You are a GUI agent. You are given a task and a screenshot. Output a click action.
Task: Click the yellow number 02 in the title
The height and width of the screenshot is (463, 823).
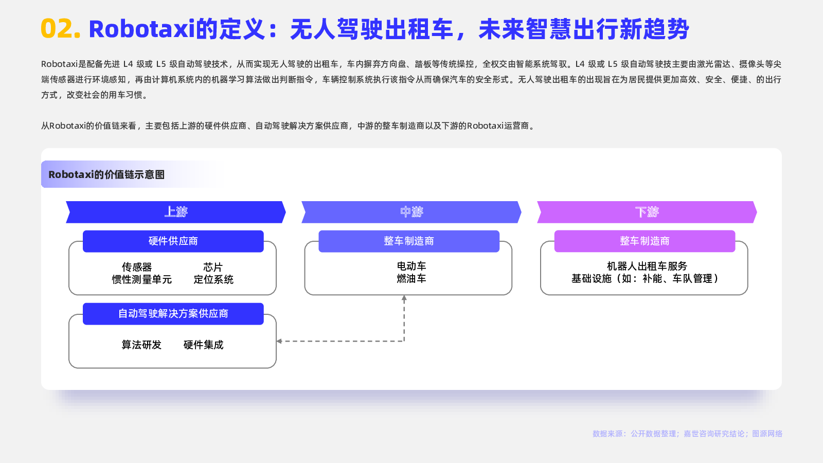tap(60, 29)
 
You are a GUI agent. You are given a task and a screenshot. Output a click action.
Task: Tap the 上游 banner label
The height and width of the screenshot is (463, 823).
tap(176, 211)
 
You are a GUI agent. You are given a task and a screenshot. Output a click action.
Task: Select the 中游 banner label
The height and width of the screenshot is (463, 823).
tap(411, 211)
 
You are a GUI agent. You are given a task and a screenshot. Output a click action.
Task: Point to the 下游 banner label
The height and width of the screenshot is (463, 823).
tap(647, 211)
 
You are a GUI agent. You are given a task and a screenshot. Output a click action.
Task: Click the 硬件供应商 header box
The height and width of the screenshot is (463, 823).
tap(173, 241)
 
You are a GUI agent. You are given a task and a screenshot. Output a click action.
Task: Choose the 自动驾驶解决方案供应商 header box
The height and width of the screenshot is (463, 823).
tap(173, 314)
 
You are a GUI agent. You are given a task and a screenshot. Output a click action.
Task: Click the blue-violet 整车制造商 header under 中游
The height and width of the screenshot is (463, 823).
tap(409, 241)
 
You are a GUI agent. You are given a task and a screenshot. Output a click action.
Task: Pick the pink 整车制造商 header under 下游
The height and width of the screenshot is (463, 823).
tap(645, 241)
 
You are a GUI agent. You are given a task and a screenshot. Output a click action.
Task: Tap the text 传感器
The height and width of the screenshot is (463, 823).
tap(137, 267)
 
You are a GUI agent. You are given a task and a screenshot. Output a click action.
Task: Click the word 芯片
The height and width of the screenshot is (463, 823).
tap(213, 267)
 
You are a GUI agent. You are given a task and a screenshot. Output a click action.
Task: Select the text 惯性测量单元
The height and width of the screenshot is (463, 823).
tap(142, 279)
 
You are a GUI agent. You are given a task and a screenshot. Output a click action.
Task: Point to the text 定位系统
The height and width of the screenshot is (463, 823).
tap(213, 279)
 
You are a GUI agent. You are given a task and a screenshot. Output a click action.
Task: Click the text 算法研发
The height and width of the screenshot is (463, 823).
tap(141, 345)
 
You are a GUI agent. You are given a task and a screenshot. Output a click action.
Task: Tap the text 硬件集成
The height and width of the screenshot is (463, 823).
tap(203, 345)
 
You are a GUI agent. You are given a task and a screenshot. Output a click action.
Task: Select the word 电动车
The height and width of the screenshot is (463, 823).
tap(411, 266)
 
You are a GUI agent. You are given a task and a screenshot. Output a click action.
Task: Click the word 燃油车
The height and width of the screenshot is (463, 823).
tap(411, 278)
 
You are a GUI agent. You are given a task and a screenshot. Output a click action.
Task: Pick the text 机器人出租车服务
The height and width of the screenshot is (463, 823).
tap(647, 266)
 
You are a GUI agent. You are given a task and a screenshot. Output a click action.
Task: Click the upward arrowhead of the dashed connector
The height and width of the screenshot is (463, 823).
tap(404, 298)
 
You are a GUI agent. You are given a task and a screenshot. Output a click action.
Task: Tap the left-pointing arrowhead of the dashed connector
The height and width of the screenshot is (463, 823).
tap(279, 342)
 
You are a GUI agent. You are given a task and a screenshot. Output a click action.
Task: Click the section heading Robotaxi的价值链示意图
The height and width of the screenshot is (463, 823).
tap(106, 174)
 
